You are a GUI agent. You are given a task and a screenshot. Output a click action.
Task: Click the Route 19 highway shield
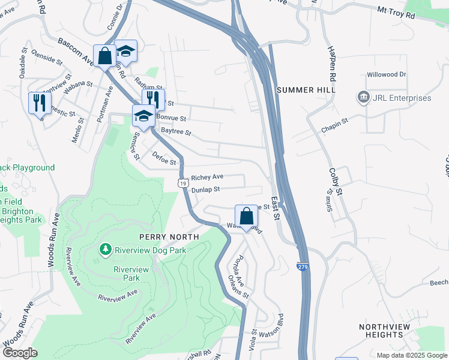pos(181,182)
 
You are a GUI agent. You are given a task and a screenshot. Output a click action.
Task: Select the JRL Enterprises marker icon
pos(363,97)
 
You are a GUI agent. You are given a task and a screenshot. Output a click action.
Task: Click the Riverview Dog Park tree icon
pos(106,248)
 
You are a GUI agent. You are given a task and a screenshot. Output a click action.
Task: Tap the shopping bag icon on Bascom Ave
pos(105,56)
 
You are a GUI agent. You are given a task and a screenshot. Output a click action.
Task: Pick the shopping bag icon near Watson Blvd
pos(246,216)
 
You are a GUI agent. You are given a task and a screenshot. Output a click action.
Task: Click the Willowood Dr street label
pos(387,75)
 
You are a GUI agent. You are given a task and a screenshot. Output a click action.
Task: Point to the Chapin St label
pos(334,124)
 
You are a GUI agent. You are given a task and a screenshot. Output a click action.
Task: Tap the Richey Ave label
pos(207,177)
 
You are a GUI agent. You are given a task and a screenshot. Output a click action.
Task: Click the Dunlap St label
pos(206,190)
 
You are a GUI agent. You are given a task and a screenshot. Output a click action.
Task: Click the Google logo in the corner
pos(20,353)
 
